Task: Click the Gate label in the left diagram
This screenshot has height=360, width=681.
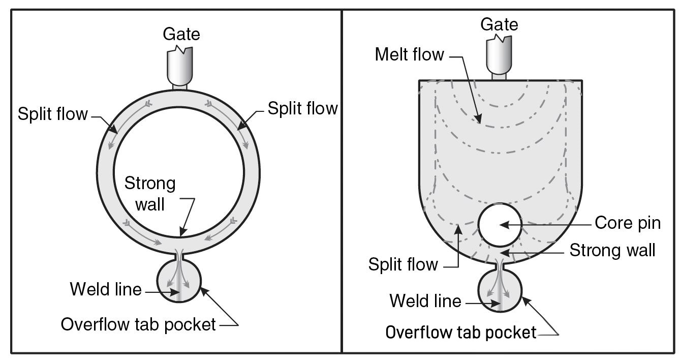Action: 181,34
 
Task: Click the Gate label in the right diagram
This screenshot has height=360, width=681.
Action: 499,24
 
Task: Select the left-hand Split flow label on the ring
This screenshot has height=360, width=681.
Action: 53,114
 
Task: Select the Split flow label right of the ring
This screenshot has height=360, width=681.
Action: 303,108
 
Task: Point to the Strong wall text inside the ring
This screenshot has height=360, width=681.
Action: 150,194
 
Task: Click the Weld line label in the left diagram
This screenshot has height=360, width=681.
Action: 106,289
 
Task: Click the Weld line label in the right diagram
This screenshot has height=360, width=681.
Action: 425,301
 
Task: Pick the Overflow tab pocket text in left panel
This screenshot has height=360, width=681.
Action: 138,324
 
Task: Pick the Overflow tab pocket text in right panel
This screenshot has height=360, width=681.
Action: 461,333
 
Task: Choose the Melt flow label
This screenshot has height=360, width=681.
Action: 410,55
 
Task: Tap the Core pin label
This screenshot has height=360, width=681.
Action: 628,223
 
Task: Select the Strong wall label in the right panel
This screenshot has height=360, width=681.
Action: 612,250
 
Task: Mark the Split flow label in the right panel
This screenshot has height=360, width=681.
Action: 403,264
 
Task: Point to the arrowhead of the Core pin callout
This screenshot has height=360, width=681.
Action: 502,224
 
